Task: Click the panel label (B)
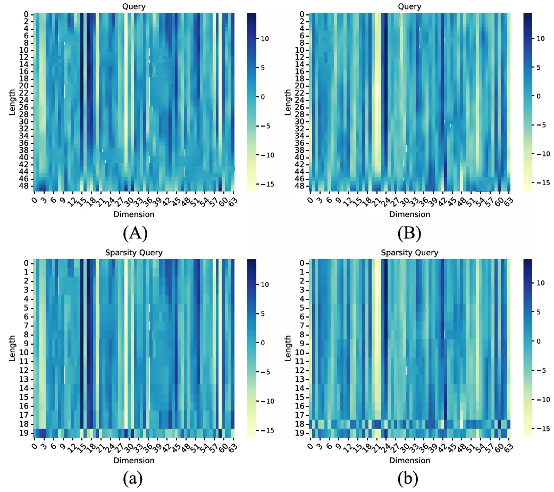[x=409, y=233]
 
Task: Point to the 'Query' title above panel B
[x=409, y=6]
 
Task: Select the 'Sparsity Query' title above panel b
[x=409, y=253]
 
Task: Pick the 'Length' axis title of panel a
[x=12, y=348]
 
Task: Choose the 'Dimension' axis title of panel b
[x=409, y=460]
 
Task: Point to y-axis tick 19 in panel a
[x=27, y=433]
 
